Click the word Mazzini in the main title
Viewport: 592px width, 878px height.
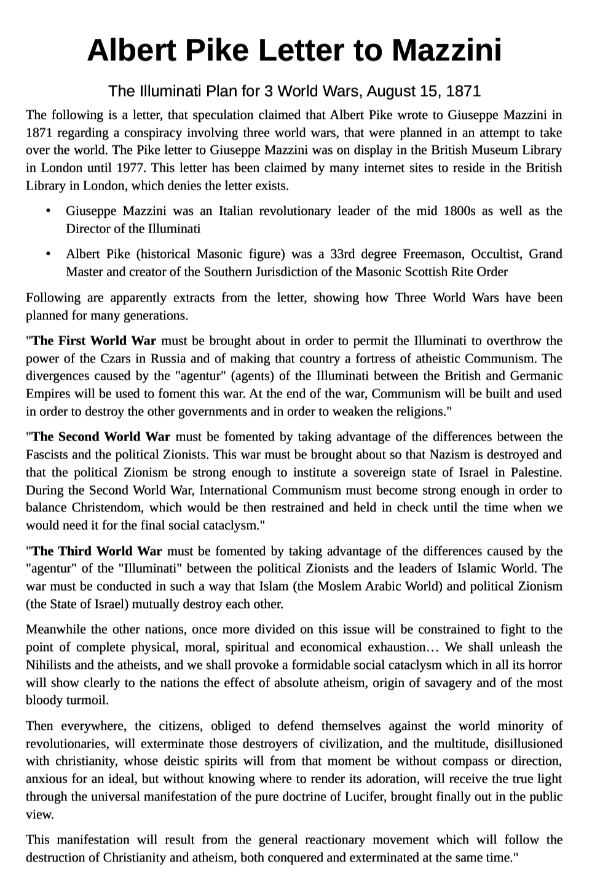pyautogui.click(x=447, y=50)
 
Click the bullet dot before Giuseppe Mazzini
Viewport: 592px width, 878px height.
pyautogui.click(x=48, y=211)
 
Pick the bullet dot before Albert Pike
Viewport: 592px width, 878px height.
pyautogui.click(x=48, y=254)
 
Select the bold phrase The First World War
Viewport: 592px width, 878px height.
pyautogui.click(x=94, y=341)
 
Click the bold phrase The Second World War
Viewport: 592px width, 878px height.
pyautogui.click(x=101, y=437)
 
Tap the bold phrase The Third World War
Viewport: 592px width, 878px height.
pyautogui.click(x=97, y=551)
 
